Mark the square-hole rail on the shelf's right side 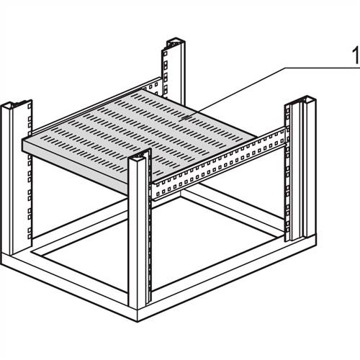click(216, 166)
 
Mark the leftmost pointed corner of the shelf click(24, 143)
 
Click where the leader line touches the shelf click(189, 114)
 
